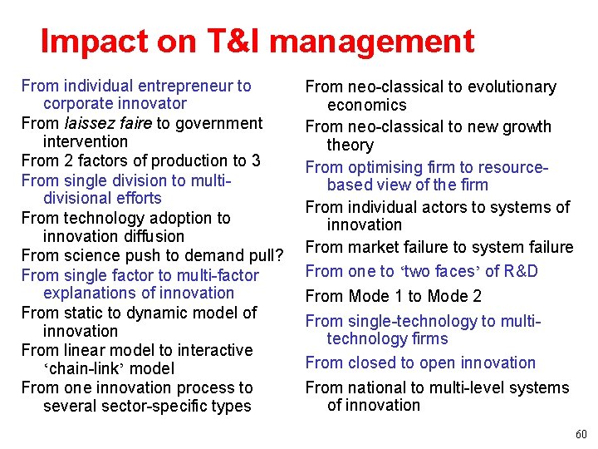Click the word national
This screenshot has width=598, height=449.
[375, 387]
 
